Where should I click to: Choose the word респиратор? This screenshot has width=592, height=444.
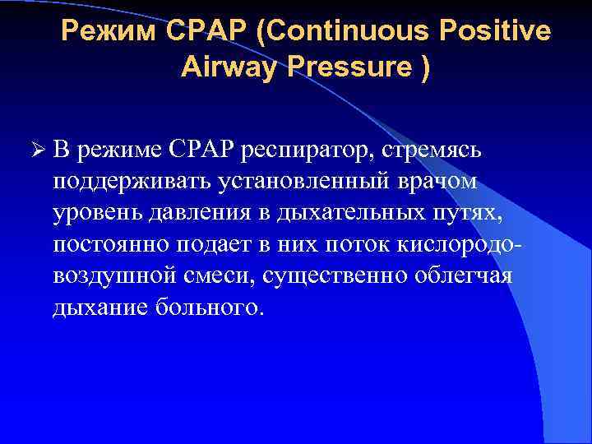pos(302,150)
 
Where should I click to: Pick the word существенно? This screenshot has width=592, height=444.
pos(335,274)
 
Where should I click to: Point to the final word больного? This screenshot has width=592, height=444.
pos(210,305)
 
